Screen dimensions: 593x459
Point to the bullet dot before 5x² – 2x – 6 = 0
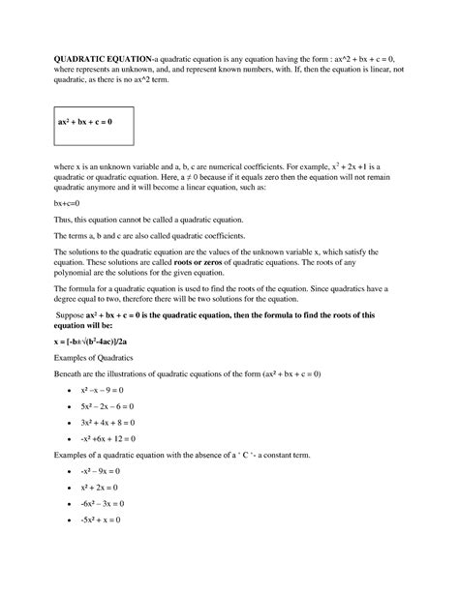pyautogui.click(x=72, y=408)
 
